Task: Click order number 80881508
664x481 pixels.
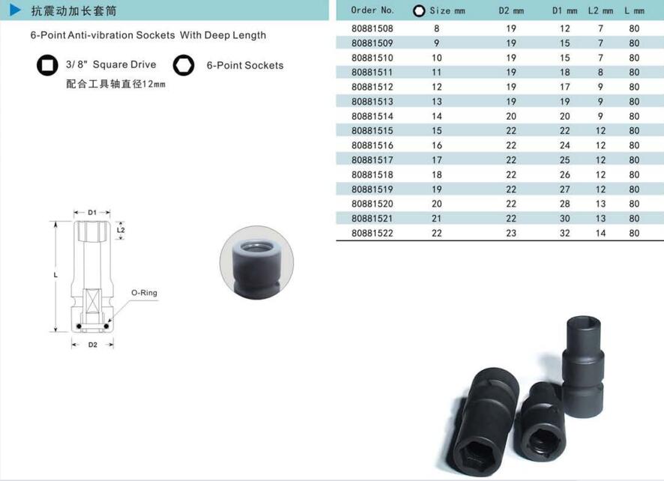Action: pyautogui.click(x=372, y=28)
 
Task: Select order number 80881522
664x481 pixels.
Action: pyautogui.click(x=372, y=233)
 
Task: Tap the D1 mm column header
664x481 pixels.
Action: pyautogui.click(x=564, y=10)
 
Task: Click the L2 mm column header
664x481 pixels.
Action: pyautogui.click(x=600, y=10)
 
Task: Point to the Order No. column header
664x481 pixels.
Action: pyautogui.click(x=372, y=10)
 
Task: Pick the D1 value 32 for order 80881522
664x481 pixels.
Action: pyautogui.click(x=565, y=233)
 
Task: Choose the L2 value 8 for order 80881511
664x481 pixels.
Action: pyautogui.click(x=600, y=73)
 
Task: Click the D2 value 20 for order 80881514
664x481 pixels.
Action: pyautogui.click(x=511, y=116)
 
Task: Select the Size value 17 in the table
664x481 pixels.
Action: pyautogui.click(x=437, y=160)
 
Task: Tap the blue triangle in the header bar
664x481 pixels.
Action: pyautogui.click(x=15, y=10)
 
